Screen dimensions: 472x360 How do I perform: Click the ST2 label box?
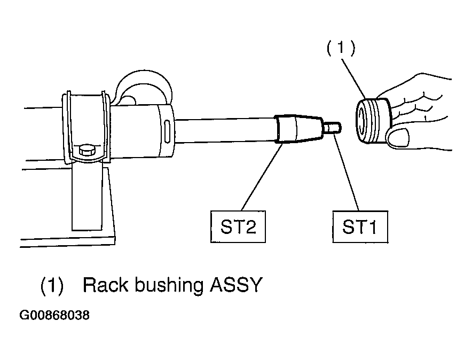[x=238, y=226]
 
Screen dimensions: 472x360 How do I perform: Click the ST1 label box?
[x=360, y=226]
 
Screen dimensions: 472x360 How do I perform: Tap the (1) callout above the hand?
[x=341, y=48]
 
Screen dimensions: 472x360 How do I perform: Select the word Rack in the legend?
[x=105, y=285]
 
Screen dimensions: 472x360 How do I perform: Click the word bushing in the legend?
[x=169, y=286]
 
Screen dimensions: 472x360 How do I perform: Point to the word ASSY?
[x=236, y=285]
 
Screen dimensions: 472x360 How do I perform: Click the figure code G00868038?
[x=54, y=315]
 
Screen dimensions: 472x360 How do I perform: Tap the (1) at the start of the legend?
[x=52, y=286]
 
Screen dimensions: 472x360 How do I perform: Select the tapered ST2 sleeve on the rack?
[x=298, y=128]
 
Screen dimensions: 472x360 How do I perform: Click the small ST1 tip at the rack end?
[x=332, y=128]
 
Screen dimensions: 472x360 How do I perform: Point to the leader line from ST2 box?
[x=262, y=177]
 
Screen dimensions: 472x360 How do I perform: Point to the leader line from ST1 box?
[x=347, y=171]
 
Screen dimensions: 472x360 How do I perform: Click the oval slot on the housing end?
[x=167, y=129]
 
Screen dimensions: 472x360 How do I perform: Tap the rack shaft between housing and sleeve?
[x=225, y=129]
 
